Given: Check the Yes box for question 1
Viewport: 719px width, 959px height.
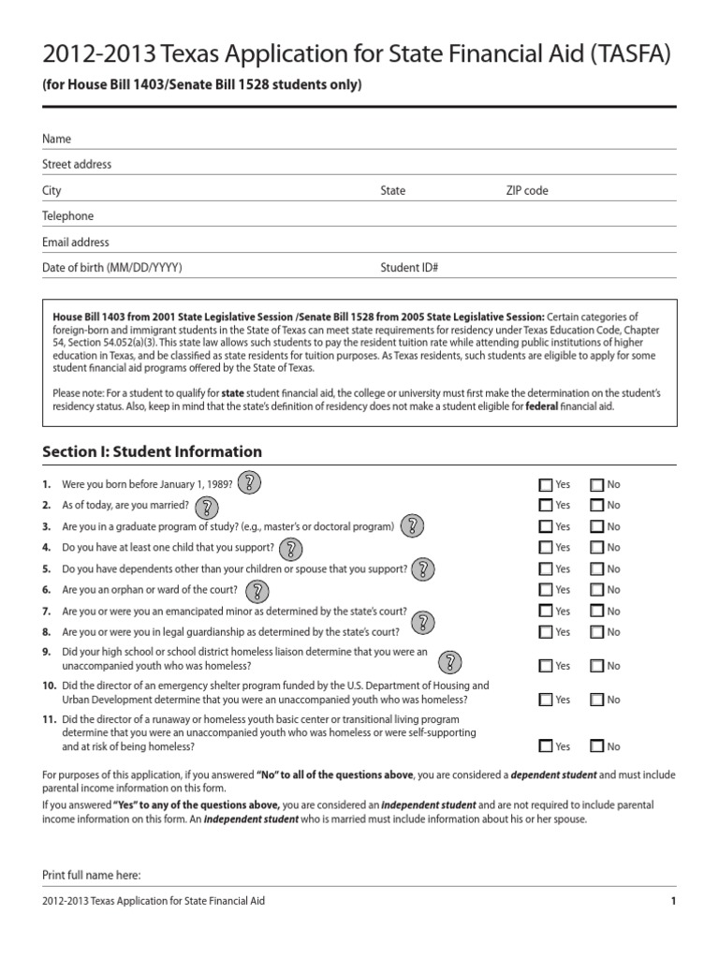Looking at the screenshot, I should point(546,485).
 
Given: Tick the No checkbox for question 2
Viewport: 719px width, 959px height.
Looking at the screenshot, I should point(597,506).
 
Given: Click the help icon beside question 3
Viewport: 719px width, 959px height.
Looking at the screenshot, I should point(413,527).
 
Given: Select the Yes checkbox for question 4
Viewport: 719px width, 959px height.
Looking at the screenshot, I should point(546,548).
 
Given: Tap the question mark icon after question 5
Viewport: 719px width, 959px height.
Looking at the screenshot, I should point(424,569).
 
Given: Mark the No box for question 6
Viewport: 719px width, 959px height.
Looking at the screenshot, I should point(597,590).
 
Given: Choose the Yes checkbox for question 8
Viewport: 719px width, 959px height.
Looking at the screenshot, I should point(546,632).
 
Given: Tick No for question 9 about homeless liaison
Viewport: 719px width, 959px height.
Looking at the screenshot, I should point(597,666).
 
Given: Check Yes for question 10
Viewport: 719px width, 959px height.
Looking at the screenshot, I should point(546,700).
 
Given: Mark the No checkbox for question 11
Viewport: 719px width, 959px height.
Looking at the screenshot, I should point(597,746).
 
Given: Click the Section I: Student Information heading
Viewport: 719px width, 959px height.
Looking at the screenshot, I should point(153,451).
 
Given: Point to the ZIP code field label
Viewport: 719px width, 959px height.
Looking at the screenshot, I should point(527,190).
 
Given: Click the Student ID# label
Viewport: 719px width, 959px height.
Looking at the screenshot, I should point(409,268).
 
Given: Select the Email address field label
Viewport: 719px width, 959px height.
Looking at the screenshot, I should point(76,242).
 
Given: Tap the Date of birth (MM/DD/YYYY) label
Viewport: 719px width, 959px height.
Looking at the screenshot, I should point(112,268).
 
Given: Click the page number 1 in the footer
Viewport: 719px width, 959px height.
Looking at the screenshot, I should point(672,901).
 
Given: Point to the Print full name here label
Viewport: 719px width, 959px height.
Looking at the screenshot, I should point(92,875).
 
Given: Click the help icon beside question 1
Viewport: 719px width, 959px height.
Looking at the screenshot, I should point(249,484).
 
